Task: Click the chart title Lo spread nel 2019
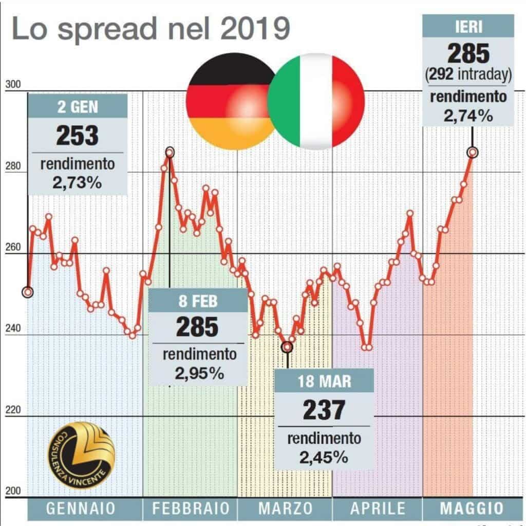tap(148, 29)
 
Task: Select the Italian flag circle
tap(316, 101)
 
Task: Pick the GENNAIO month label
tap(81, 509)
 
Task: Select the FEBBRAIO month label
tap(190, 509)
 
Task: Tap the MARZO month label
tap(286, 509)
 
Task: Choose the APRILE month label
tap(378, 509)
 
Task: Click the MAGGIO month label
tap(472, 509)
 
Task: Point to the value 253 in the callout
tap(77, 136)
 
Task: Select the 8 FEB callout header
tap(198, 300)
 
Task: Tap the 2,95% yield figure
tap(199, 373)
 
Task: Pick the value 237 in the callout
tap(324, 410)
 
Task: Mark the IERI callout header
tap(468, 26)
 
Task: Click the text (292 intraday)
tap(468, 76)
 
